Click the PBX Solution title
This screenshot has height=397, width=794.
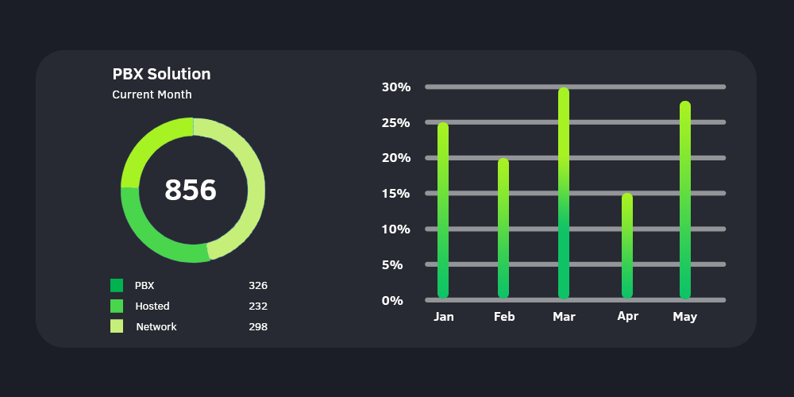tap(161, 74)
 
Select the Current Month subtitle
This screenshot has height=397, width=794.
tap(152, 94)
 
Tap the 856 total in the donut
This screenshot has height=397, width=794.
tap(191, 191)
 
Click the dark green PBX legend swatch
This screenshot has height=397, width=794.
tap(117, 285)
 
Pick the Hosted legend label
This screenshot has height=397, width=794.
tap(152, 306)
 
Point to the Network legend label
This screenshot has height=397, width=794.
tap(156, 326)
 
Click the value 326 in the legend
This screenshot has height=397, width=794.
tap(258, 285)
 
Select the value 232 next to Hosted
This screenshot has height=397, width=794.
tap(258, 306)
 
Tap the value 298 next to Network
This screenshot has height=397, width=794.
tap(258, 326)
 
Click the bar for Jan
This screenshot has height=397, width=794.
tap(443, 210)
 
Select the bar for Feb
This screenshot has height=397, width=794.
tap(503, 229)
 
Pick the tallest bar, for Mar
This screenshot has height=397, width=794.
tap(564, 193)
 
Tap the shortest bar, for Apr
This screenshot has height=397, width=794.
tap(627, 246)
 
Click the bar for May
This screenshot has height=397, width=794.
tap(684, 200)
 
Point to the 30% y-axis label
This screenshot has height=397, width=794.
tap(396, 87)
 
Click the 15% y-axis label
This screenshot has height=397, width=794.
tap(396, 194)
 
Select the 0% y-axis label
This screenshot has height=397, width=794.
tap(393, 300)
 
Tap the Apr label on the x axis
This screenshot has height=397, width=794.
tap(627, 316)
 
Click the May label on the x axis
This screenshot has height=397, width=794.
tap(684, 317)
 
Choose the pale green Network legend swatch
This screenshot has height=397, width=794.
tap(117, 326)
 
